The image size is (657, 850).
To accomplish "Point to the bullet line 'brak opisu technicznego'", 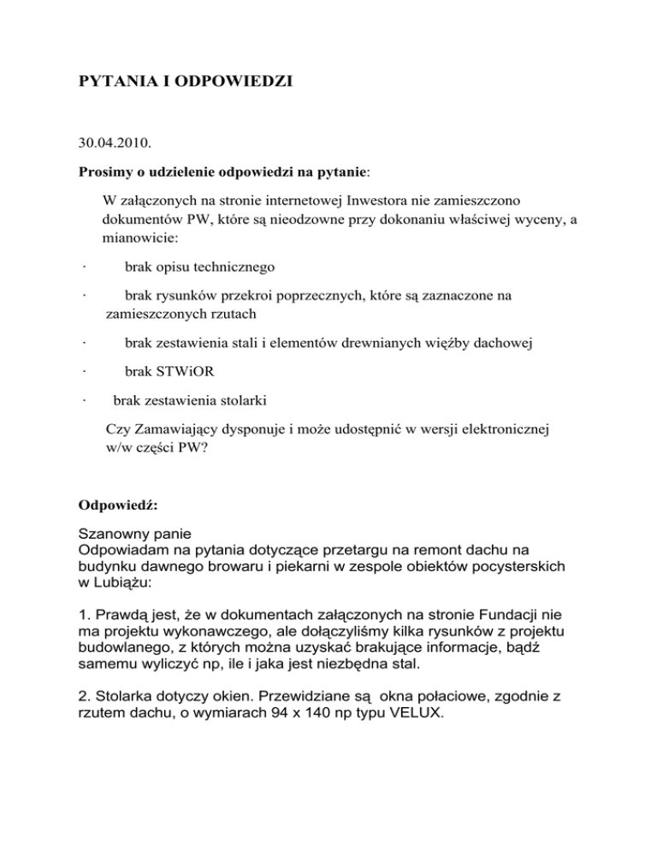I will tap(199, 268).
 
